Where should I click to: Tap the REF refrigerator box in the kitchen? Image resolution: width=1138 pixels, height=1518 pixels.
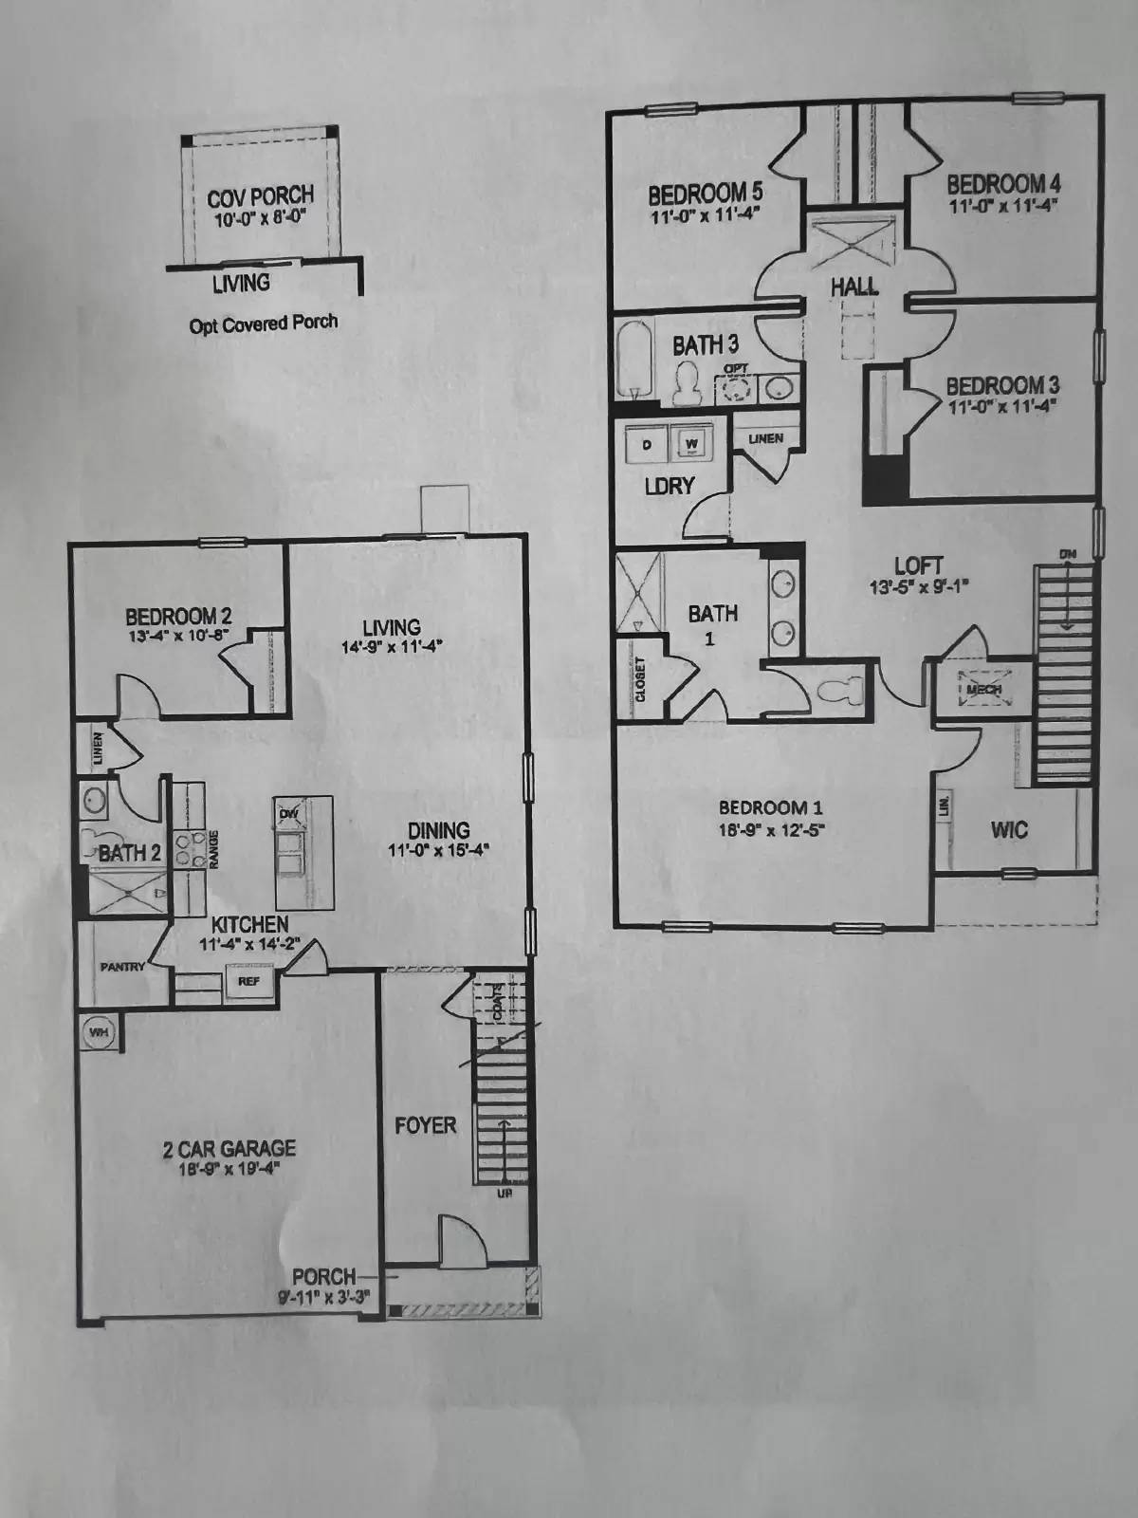pos(248,981)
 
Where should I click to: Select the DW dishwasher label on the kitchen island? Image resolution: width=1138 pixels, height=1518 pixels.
pos(289,814)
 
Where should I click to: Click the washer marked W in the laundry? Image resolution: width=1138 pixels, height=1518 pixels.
pos(692,443)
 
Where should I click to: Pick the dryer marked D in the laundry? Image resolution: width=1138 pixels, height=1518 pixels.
pos(648,444)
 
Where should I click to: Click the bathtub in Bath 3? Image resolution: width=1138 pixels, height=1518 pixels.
pos(633,360)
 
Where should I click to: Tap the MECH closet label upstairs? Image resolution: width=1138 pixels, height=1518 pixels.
pos(983,690)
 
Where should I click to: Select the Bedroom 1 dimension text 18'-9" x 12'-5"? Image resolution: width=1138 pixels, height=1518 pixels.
pos(770,828)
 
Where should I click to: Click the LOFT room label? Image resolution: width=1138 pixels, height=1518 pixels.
pos(918,567)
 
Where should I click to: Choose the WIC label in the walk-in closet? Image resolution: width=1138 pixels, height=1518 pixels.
pos(1009,830)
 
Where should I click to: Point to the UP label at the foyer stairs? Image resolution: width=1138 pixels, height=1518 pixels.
pos(505,1194)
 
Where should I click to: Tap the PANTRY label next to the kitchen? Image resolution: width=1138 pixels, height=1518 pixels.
pos(122,967)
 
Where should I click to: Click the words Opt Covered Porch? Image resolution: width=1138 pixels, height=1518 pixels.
pos(263,324)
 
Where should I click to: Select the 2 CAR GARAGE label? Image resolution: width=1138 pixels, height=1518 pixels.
pos(229,1149)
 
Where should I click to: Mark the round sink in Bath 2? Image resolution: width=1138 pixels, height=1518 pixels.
pos(94,800)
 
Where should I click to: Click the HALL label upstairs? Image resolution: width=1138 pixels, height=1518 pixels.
pos(853,286)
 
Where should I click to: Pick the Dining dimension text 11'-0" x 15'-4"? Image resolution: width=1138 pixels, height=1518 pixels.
pos(438,850)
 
